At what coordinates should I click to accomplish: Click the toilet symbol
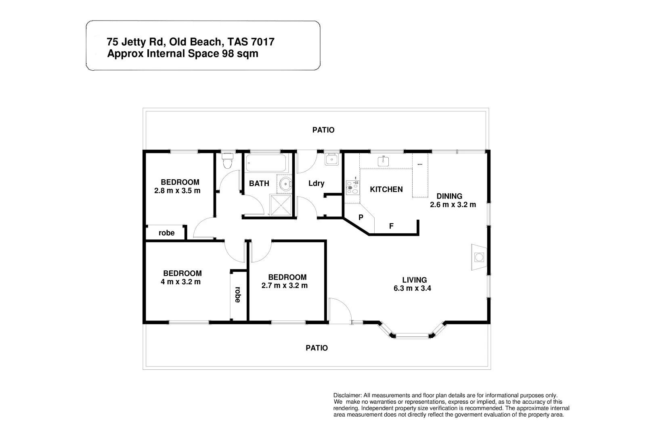pos(228,162)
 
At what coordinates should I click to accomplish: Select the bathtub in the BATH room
pos(266,163)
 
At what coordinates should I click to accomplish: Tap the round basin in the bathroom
pos(286,184)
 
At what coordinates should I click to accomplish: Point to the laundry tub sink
pos(332,159)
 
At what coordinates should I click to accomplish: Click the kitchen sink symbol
pos(384,161)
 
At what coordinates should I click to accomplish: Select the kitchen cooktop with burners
pos(352,188)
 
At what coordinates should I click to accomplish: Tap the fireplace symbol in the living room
pos(479,257)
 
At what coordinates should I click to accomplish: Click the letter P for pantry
pos(361,217)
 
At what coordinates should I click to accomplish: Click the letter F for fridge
pos(391,226)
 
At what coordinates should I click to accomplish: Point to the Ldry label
pos(316,183)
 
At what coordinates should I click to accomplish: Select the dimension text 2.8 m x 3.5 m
pos(177,191)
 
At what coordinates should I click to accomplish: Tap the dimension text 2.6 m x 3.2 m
pos(453,205)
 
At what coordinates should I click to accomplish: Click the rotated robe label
pos(237,295)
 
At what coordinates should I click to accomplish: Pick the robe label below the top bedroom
pos(166,233)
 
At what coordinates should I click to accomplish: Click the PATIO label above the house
pos(323,130)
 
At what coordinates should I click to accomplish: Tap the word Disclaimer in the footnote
pos(347,395)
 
